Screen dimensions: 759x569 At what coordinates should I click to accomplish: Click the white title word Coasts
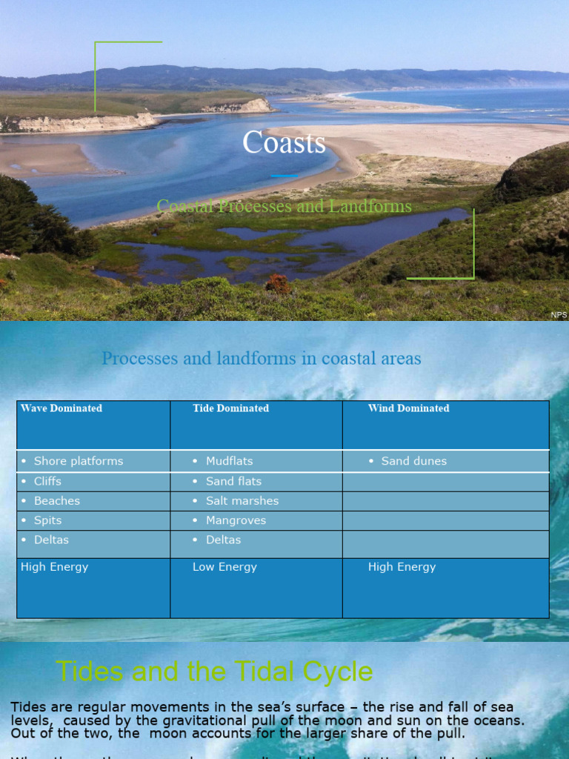coord(284,143)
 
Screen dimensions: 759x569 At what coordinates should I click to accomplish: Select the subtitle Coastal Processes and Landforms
coord(284,206)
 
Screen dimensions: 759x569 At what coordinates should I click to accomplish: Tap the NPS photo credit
coord(559,315)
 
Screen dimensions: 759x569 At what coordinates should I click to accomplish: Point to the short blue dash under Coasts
coord(284,176)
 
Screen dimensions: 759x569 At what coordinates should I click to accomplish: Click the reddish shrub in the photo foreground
coord(278,283)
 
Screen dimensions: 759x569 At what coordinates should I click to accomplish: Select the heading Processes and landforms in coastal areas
coord(261,359)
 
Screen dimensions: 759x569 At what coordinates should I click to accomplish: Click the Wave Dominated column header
coord(61,408)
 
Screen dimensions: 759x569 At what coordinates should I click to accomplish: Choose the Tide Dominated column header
coord(230,408)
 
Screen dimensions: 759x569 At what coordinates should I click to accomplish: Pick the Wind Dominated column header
coord(408,408)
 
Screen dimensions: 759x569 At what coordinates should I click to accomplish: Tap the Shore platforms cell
coord(79,461)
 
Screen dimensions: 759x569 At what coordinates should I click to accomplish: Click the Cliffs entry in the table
coord(47,481)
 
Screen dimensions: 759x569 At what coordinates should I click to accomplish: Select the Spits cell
coord(47,520)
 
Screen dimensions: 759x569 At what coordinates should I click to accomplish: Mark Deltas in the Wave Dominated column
coord(51,540)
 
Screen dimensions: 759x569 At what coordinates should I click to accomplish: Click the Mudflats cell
coord(230,461)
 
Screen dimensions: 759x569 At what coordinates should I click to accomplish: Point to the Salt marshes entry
coord(242,501)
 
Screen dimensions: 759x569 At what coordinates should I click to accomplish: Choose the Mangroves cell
coord(236,520)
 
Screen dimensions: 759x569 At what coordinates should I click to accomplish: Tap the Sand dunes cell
coord(413,461)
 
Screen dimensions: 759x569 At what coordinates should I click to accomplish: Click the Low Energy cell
coord(224,567)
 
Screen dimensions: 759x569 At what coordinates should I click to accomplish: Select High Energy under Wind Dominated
coord(402,567)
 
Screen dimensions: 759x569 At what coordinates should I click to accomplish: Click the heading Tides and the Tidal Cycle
coord(214,672)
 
